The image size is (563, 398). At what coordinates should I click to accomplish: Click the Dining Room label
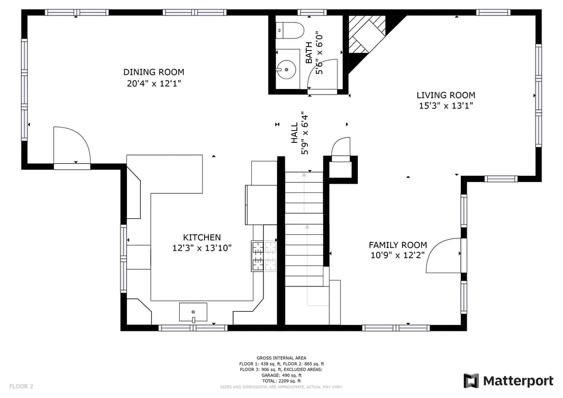coord(154,72)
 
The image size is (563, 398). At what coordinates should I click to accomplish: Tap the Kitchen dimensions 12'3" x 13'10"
coord(202,248)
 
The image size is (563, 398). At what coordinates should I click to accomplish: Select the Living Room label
coord(446,95)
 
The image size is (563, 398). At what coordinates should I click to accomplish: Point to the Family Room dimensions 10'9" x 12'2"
coord(398,255)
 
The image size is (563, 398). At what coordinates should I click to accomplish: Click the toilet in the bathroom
coord(290,30)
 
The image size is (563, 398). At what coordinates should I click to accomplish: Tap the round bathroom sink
coord(286,69)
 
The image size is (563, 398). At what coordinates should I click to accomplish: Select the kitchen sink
coord(193,312)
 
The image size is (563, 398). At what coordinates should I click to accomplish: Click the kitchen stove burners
coord(264,256)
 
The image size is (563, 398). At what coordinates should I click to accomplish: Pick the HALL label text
coord(295,133)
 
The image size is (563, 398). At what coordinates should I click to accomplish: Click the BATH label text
coord(308,53)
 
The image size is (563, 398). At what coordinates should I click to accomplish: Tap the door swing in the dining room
coord(72,145)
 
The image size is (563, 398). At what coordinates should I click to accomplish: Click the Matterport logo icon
coord(471,381)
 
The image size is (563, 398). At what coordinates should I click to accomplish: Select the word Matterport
coord(518,381)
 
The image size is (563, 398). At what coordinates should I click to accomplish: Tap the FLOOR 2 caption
coord(21,386)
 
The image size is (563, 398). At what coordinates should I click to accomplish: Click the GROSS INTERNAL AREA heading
coord(281,358)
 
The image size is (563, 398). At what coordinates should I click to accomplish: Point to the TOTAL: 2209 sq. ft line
coord(281,381)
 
